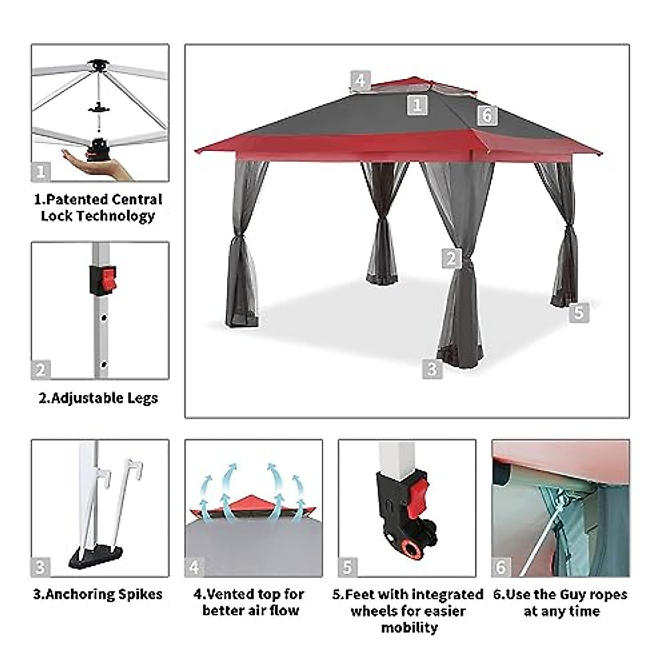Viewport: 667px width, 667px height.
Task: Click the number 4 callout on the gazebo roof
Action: (360, 81)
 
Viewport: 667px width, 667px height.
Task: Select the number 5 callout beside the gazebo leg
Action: (579, 312)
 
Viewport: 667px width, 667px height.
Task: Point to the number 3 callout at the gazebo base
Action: (432, 369)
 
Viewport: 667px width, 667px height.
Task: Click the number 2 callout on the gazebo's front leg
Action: (451, 258)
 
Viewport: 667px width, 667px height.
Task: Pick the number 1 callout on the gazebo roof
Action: (417, 104)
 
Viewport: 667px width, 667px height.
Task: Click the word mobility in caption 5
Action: (409, 628)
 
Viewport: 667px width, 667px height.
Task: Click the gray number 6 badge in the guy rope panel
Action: (501, 567)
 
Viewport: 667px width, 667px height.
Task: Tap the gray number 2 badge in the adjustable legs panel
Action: (41, 370)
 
